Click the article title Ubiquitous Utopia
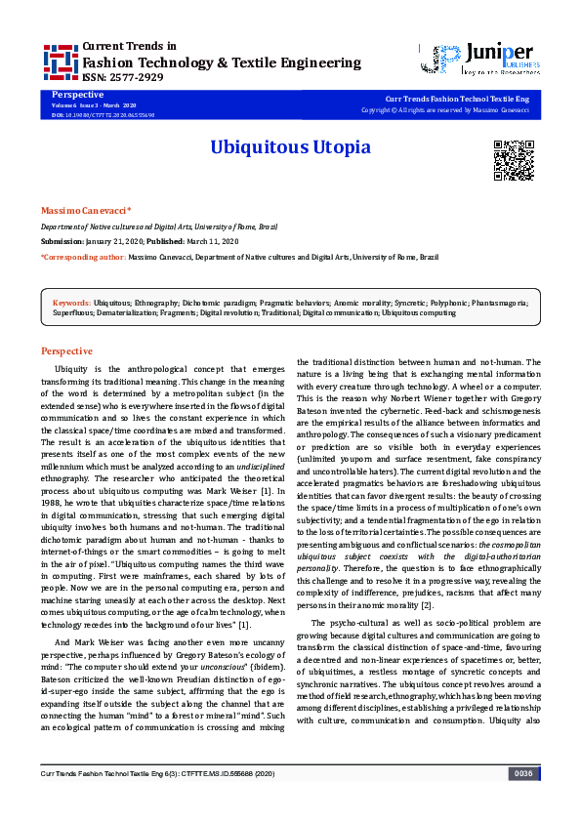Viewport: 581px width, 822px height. click(290, 148)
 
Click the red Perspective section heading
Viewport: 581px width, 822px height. click(66, 351)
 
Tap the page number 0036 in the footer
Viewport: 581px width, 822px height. click(522, 801)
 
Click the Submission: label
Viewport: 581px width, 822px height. click(62, 240)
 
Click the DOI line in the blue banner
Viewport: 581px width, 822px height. click(102, 114)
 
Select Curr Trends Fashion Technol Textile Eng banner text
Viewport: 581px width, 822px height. click(459, 100)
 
